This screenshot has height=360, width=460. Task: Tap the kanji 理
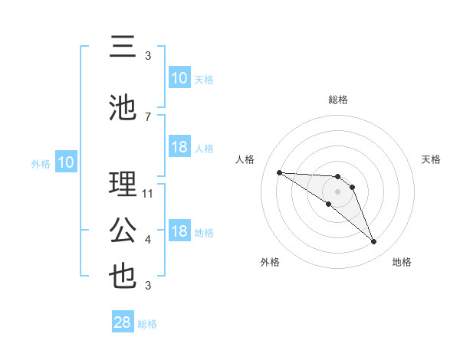click(123, 185)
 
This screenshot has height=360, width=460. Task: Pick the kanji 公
click(123, 231)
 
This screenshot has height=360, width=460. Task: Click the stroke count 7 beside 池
click(148, 117)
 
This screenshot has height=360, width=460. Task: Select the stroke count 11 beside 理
click(148, 194)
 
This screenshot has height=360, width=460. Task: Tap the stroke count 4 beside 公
click(148, 240)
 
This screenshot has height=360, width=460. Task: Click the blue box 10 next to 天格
click(179, 78)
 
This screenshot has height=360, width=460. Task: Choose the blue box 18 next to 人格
click(179, 147)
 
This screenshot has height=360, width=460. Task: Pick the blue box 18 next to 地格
click(179, 231)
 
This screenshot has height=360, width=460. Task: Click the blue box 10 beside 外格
click(65, 162)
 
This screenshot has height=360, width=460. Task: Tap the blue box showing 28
click(123, 322)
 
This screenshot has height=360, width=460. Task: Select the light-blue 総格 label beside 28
click(148, 324)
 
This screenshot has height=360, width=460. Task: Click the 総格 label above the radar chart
click(337, 100)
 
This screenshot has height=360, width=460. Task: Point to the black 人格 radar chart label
click(245, 159)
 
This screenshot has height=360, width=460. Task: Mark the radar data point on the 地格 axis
click(374, 242)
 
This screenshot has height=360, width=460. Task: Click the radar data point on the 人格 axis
click(279, 172)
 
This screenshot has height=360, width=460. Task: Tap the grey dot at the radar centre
click(337, 191)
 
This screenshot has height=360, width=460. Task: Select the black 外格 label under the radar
click(270, 262)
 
